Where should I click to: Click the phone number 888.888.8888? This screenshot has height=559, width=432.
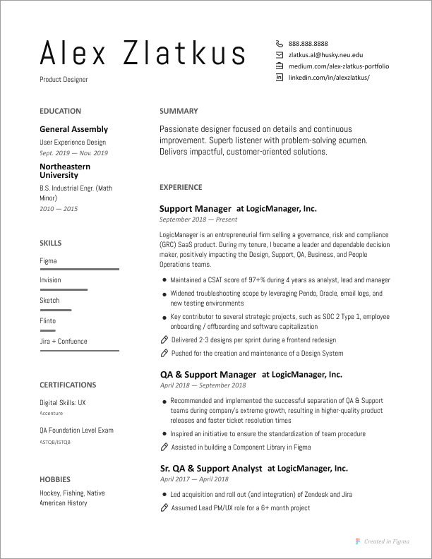pyautogui.click(x=308, y=43)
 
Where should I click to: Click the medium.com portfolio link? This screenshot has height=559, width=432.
pyautogui.click(x=338, y=66)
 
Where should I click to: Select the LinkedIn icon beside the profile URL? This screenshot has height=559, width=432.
pyautogui.click(x=279, y=77)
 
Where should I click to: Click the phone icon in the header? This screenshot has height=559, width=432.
pyautogui.click(x=279, y=43)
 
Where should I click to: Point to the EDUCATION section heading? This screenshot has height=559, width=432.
pyautogui.click(x=60, y=111)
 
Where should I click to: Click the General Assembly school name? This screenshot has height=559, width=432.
pyautogui.click(x=73, y=129)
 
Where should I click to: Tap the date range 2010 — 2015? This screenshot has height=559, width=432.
pyautogui.click(x=59, y=209)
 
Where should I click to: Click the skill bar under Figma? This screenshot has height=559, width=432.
pyautogui.click(x=79, y=270)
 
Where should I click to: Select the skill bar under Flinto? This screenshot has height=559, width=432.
pyautogui.click(x=47, y=330)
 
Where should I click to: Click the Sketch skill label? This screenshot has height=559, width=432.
pyautogui.click(x=49, y=301)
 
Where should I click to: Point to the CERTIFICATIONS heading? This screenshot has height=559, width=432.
pyautogui.click(x=68, y=385)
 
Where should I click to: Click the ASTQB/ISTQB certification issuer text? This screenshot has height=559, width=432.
pyautogui.click(x=55, y=442)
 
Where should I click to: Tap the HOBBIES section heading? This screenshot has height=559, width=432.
pyautogui.click(x=55, y=478)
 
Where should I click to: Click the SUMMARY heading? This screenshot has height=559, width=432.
pyautogui.click(x=179, y=111)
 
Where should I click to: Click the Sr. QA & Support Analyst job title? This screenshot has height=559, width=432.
pyautogui.click(x=211, y=468)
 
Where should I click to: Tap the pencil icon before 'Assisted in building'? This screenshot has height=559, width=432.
pyautogui.click(x=164, y=447)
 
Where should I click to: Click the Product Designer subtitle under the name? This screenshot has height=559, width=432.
pyautogui.click(x=64, y=80)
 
